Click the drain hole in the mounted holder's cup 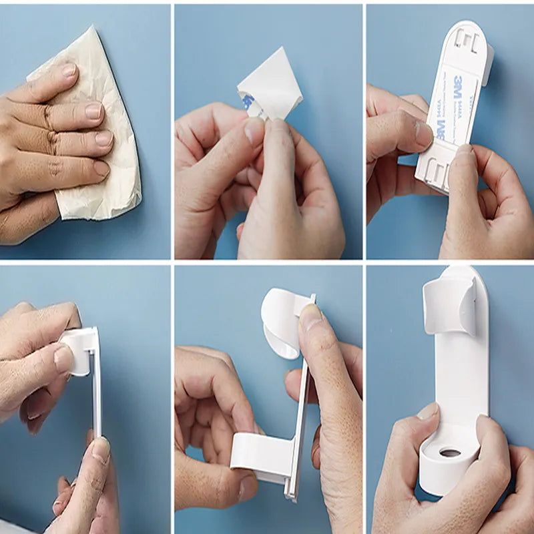click(x=450, y=453)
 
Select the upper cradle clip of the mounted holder click(x=451, y=304)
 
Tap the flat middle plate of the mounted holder click(x=461, y=380)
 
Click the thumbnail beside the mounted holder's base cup click(x=427, y=411)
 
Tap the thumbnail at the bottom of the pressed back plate click(x=100, y=451)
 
